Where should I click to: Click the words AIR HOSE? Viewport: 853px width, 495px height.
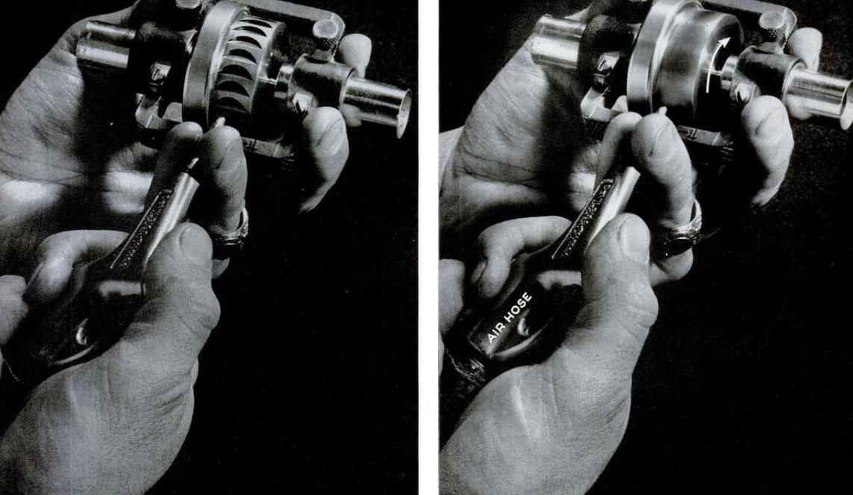click(x=510, y=317)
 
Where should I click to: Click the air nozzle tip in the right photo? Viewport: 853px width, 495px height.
click(x=661, y=111)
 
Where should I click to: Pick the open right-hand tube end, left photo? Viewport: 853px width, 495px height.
click(x=402, y=111)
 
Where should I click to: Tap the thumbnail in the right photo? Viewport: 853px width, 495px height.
click(x=634, y=228)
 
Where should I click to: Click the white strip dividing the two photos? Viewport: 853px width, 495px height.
click(x=428, y=248)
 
